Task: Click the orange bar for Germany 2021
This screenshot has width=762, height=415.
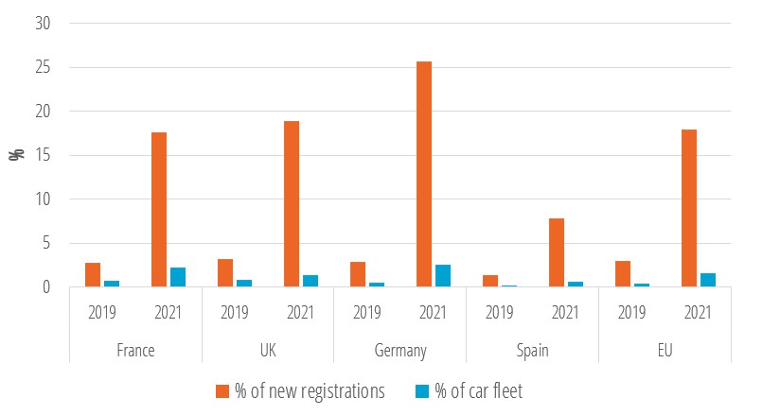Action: pos(424,174)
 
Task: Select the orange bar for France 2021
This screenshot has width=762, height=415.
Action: pos(159,209)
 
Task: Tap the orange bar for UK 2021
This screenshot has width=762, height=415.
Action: pos(292,203)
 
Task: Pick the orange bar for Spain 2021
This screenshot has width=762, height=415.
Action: pos(557,252)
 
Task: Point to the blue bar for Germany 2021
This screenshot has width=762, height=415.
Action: pos(443,275)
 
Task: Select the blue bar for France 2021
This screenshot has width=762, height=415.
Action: pos(178,277)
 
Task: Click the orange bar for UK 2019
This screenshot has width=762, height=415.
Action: pos(225,272)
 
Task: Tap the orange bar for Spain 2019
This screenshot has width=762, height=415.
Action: pos(490,281)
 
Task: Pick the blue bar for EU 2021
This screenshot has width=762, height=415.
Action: pos(708,280)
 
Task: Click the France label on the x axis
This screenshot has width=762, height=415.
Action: pos(135,350)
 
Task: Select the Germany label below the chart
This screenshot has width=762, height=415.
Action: pos(400,350)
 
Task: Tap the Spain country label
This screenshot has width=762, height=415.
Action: pos(533,350)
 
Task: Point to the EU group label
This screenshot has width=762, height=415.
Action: pos(665,350)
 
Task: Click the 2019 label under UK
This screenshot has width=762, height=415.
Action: pos(235,311)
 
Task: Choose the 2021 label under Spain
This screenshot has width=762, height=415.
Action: pos(566,311)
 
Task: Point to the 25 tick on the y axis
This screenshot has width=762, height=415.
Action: pos(41,68)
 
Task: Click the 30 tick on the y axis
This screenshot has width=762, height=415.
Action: pos(41,24)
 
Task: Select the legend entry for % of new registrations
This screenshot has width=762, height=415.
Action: pos(300,390)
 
